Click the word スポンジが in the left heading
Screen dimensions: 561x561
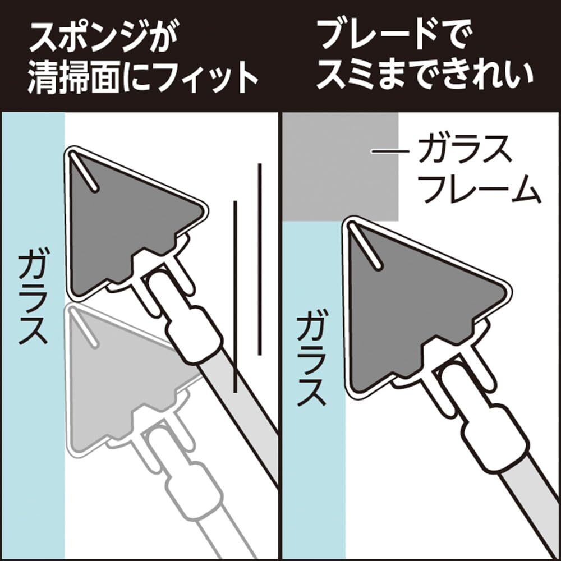[104, 39]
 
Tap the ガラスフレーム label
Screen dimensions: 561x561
[478, 169]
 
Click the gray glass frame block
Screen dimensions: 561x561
[341, 167]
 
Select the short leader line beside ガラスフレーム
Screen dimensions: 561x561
[390, 151]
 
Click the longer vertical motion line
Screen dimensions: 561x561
[259, 259]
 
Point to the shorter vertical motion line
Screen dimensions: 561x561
[235, 297]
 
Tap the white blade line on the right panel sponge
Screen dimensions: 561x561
[365, 246]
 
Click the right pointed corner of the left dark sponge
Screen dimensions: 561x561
[206, 211]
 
